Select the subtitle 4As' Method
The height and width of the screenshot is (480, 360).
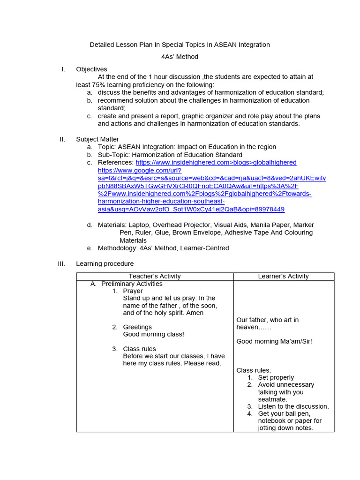(x=180, y=57)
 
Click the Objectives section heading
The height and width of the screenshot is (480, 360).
(x=91, y=69)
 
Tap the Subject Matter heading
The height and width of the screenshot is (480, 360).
(x=97, y=139)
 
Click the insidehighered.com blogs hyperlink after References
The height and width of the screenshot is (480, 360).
(x=216, y=162)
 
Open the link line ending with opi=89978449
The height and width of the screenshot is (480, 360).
(x=191, y=209)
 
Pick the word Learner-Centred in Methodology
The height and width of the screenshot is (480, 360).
(x=206, y=248)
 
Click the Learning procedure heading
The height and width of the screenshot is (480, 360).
(x=105, y=264)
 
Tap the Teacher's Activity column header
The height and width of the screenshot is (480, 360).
(x=155, y=277)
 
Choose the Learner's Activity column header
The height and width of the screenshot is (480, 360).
(x=283, y=277)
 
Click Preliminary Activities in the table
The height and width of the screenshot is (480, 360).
(x=132, y=284)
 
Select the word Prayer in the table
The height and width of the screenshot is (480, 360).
(x=133, y=291)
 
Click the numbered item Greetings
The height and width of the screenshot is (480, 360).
(x=137, y=327)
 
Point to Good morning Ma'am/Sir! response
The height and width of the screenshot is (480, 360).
(x=274, y=341)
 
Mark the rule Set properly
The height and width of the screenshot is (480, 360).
(x=276, y=377)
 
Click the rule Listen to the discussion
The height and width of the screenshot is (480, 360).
(x=293, y=406)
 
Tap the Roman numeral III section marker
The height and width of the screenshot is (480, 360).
(x=61, y=264)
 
